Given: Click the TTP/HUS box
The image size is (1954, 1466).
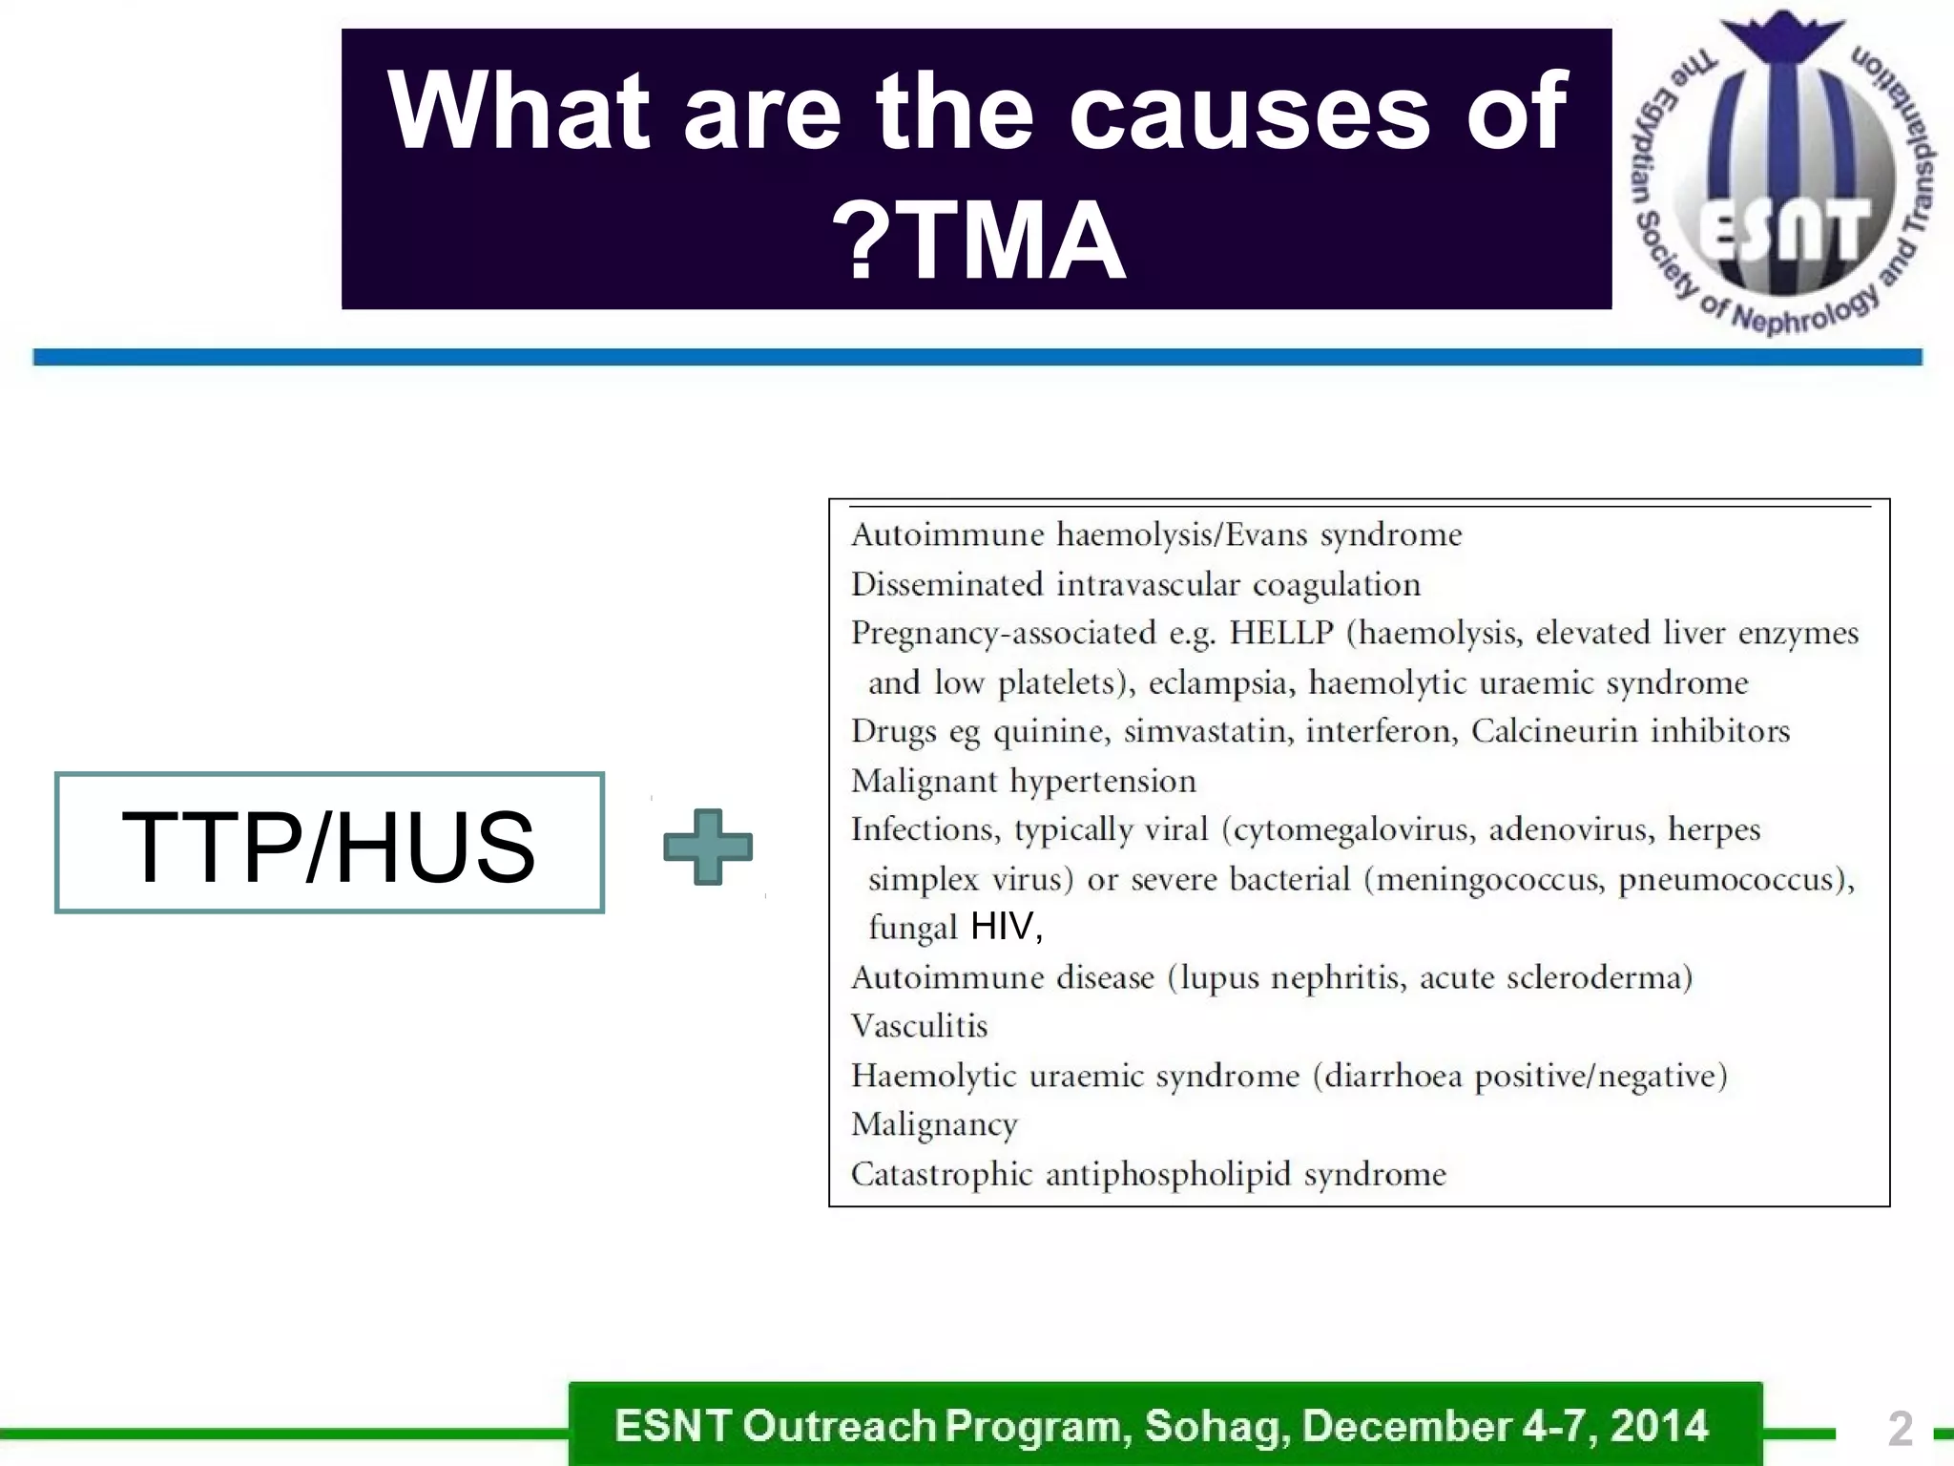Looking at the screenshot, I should click(x=329, y=843).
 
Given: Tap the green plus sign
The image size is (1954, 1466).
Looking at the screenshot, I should click(x=708, y=847).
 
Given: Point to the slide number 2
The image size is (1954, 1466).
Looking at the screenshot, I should click(x=1900, y=1429).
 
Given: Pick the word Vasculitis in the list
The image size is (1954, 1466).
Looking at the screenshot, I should click(x=919, y=1026).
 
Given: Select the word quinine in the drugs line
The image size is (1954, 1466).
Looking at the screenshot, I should click(x=1050, y=732).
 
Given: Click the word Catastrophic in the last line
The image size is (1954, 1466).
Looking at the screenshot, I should click(x=941, y=1174).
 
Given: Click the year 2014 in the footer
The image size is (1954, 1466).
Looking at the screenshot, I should click(x=1659, y=1426).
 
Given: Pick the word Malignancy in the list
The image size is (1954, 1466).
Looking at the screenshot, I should click(x=934, y=1125).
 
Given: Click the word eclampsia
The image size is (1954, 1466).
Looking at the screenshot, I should click(x=1218, y=683).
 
